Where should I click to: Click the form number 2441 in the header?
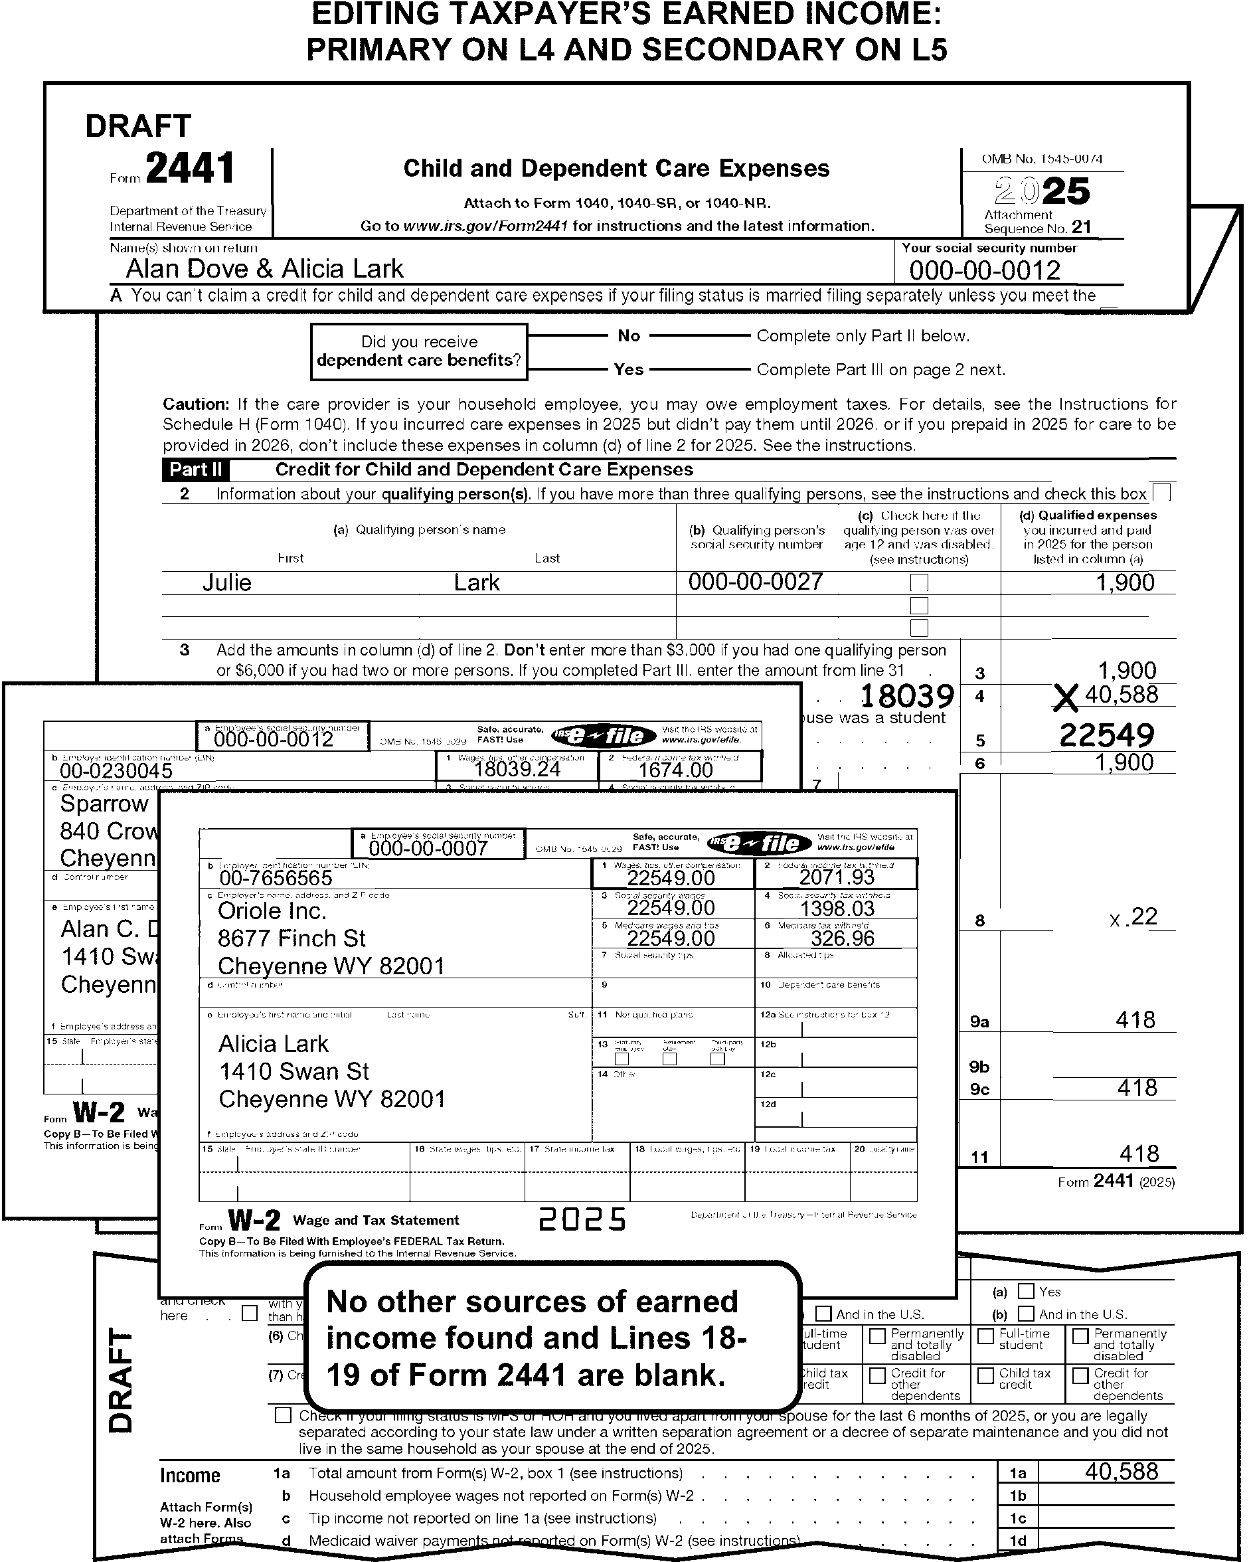[191, 169]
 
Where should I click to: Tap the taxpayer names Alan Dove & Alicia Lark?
[264, 269]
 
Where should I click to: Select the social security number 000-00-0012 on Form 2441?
[985, 270]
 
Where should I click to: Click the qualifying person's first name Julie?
[227, 582]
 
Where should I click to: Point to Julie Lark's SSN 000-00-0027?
[756, 581]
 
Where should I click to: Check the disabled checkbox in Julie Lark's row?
[918, 582]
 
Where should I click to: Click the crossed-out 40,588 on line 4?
[1122, 694]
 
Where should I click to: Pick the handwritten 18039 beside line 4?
[906, 696]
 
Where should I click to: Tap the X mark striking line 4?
[1066, 699]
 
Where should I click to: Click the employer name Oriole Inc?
[272, 911]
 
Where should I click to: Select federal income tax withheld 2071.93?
[836, 877]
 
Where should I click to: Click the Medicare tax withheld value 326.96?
[842, 938]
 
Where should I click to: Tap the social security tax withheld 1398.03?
[837, 909]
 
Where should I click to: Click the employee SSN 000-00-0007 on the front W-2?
[428, 847]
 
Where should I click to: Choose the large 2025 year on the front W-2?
[582, 1220]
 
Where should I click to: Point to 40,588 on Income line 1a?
[1122, 1471]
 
